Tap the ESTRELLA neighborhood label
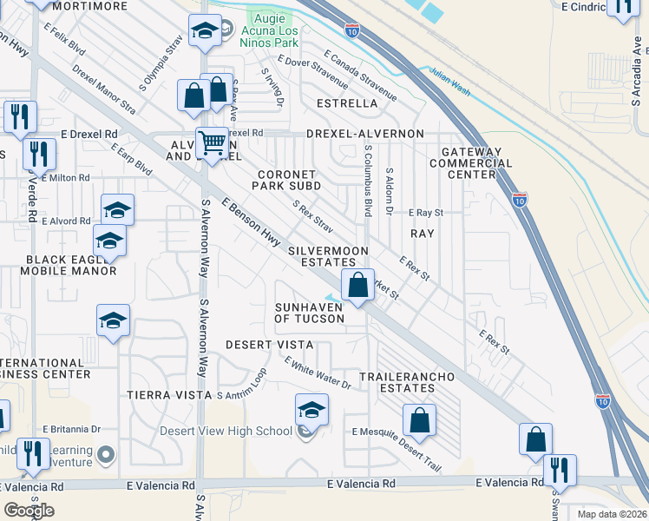pyautogui.click(x=347, y=103)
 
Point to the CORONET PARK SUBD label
pyautogui.click(x=286, y=180)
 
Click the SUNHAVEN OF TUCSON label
pyautogui.click(x=310, y=313)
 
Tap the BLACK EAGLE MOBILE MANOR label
pyautogui.click(x=71, y=265)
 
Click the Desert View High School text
pyautogui.click(x=237, y=431)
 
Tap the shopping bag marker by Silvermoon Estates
pyautogui.click(x=357, y=285)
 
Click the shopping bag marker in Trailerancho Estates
pyautogui.click(x=419, y=421)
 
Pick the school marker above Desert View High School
pyautogui.click(x=312, y=409)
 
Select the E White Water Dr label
pyautogui.click(x=317, y=376)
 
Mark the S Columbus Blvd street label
pyautogui.click(x=368, y=181)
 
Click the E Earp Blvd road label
pyautogui.click(x=132, y=160)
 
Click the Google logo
pyautogui.click(x=29, y=511)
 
